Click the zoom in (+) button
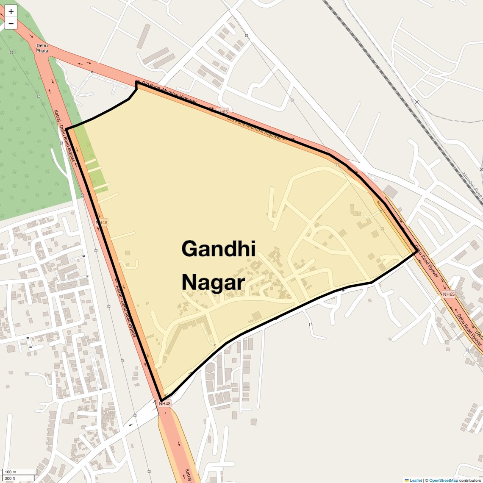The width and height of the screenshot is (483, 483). tap(11, 11)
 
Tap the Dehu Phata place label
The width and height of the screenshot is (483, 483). tap(42, 48)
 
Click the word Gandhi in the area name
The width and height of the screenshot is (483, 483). tap(218, 249)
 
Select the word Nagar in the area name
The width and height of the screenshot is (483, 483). tap(213, 283)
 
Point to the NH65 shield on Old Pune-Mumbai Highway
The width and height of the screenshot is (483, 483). tap(222, 112)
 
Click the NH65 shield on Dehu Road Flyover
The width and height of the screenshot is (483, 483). tap(449, 294)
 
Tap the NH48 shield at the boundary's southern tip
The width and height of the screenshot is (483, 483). tap(165, 404)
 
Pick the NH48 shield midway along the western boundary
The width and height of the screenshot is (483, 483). tap(102, 222)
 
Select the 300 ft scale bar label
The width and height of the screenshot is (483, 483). tap(10, 479)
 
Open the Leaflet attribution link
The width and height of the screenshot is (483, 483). tap(415, 480)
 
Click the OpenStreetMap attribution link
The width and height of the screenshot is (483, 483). tap(443, 480)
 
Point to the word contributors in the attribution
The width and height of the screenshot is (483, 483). tap(470, 480)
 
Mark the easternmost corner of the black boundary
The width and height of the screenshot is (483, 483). tap(416, 251)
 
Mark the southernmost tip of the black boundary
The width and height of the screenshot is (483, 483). tap(161, 400)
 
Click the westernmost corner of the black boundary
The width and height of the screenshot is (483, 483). tap(66, 129)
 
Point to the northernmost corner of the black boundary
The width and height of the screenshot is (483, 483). tap(136, 82)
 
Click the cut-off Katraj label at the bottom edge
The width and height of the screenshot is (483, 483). tap(187, 476)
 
